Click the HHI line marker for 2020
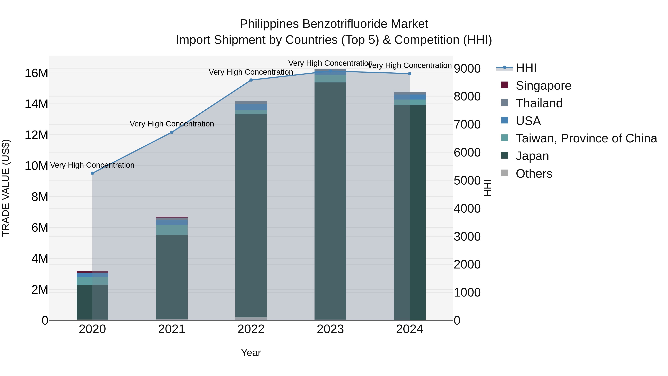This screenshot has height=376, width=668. pyautogui.click(x=92, y=173)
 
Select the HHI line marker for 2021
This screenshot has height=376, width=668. pyautogui.click(x=172, y=132)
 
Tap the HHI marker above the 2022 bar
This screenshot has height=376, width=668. pyautogui.click(x=251, y=80)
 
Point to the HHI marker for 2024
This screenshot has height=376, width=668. pyautogui.click(x=410, y=74)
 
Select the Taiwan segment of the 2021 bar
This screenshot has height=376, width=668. pyautogui.click(x=172, y=230)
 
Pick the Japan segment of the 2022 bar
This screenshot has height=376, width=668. pyautogui.click(x=251, y=215)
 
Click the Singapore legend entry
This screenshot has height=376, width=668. pyautogui.click(x=543, y=86)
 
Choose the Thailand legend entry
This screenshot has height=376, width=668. pyautogui.click(x=539, y=103)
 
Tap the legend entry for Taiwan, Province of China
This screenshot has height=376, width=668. pyautogui.click(x=586, y=138)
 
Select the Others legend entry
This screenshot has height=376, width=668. pyautogui.click(x=534, y=174)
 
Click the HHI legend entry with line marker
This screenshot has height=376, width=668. pyautogui.click(x=526, y=68)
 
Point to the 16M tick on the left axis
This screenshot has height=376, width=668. pyautogui.click(x=36, y=73)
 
